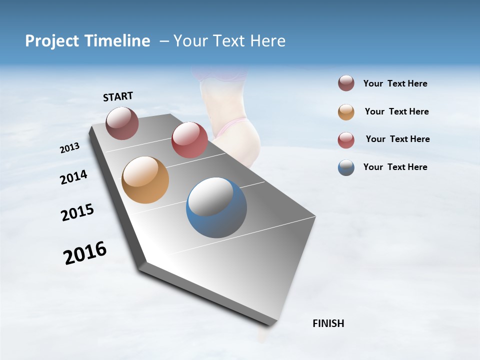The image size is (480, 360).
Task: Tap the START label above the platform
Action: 118,96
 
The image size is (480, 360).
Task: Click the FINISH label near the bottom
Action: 328,323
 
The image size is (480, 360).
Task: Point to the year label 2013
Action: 70,148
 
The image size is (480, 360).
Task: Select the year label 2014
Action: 73,177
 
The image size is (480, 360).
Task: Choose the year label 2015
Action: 77,212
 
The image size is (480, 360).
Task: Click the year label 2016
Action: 85,253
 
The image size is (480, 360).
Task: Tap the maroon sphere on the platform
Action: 122,123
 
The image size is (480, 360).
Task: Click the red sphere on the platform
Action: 189,140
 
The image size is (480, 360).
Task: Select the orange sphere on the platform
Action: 145,180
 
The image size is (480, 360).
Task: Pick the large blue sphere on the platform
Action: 216,207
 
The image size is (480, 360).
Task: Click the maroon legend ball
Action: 346,83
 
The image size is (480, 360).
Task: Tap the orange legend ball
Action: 346,111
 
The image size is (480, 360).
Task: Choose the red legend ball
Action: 346,139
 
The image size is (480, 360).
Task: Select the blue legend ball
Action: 346,167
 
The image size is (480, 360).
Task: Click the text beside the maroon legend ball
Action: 395,84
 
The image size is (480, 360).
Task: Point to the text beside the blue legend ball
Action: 395,167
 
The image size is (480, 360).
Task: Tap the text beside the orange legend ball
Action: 396,111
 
